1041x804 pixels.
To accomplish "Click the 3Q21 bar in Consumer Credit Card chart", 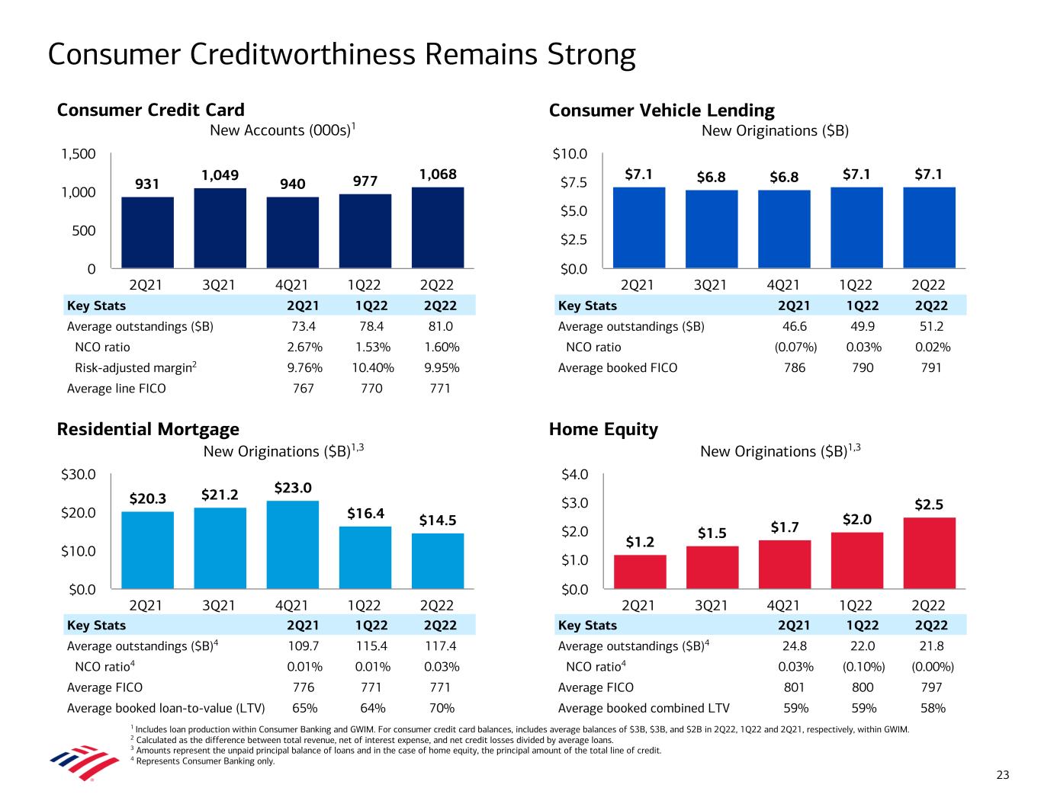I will coord(220,229).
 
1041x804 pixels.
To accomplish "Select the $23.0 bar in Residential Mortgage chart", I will coord(292,545).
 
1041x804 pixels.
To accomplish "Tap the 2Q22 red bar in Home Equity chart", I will coord(929,553).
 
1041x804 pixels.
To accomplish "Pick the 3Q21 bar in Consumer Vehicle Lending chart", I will coord(712,229).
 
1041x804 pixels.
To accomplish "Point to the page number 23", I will coord(1002,776).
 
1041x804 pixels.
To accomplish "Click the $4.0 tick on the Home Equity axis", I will coord(574,475).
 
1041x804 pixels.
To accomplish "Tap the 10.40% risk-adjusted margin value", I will coord(373,368).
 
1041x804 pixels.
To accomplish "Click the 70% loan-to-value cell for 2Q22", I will coord(442,708).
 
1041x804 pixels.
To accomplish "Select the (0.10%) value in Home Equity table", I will coord(864,667).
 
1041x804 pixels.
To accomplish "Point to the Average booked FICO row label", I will coord(618,368).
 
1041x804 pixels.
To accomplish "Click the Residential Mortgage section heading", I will coord(148,430).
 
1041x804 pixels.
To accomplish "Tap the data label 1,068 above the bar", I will coord(438,175).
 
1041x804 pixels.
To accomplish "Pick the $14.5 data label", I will coord(438,521).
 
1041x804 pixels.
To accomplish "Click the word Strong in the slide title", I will coord(591,55).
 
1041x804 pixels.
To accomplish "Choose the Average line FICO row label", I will coord(117,389).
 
